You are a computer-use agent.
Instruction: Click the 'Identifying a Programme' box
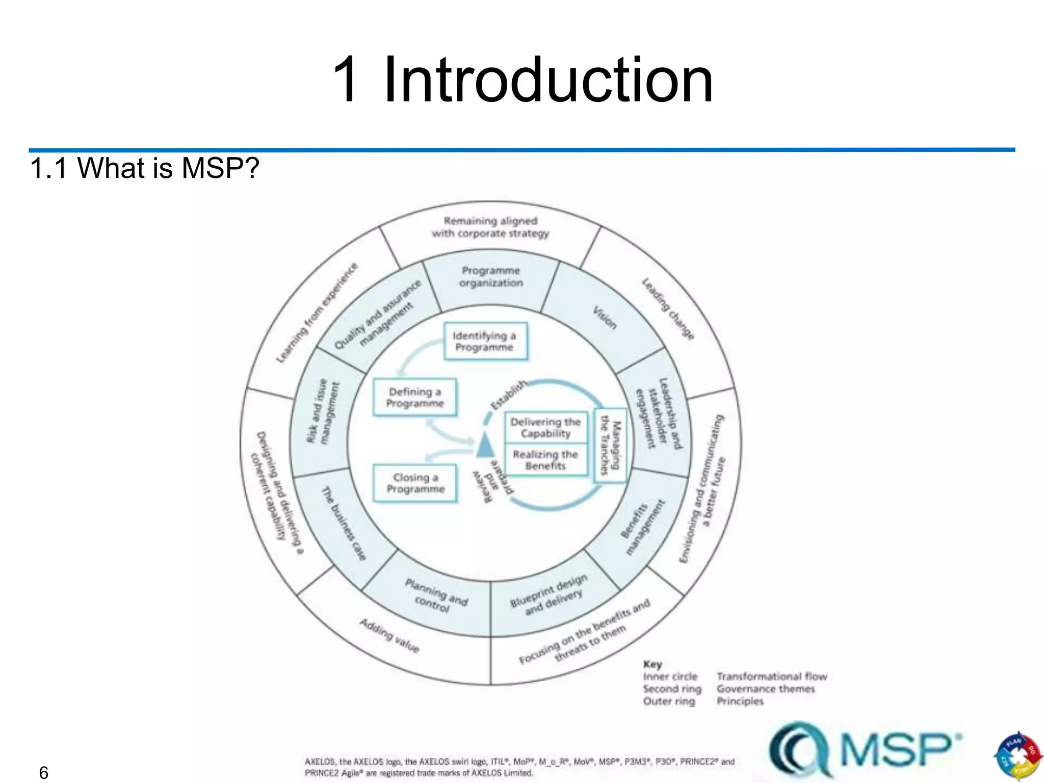(x=485, y=342)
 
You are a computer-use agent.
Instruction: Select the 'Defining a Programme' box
(x=414, y=398)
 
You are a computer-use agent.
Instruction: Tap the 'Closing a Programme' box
(x=415, y=483)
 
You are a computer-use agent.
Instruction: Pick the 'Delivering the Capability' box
(x=545, y=428)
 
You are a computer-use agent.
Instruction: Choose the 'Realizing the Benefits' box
(x=545, y=460)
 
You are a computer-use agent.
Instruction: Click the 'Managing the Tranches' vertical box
(x=610, y=445)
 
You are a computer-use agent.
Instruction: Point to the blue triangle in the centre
(x=485, y=446)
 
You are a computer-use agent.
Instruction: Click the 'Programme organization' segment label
(x=491, y=277)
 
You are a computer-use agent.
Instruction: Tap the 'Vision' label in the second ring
(x=605, y=317)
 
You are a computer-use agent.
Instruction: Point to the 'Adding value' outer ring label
(x=389, y=635)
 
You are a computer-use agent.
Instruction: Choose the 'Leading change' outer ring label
(x=668, y=308)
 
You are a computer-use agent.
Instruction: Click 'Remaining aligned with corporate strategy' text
(x=490, y=227)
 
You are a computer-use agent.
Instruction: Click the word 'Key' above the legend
(x=652, y=664)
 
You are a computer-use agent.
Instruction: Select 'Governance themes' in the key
(x=766, y=689)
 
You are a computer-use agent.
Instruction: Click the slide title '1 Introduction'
(x=522, y=80)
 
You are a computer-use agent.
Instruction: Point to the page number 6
(x=44, y=773)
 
